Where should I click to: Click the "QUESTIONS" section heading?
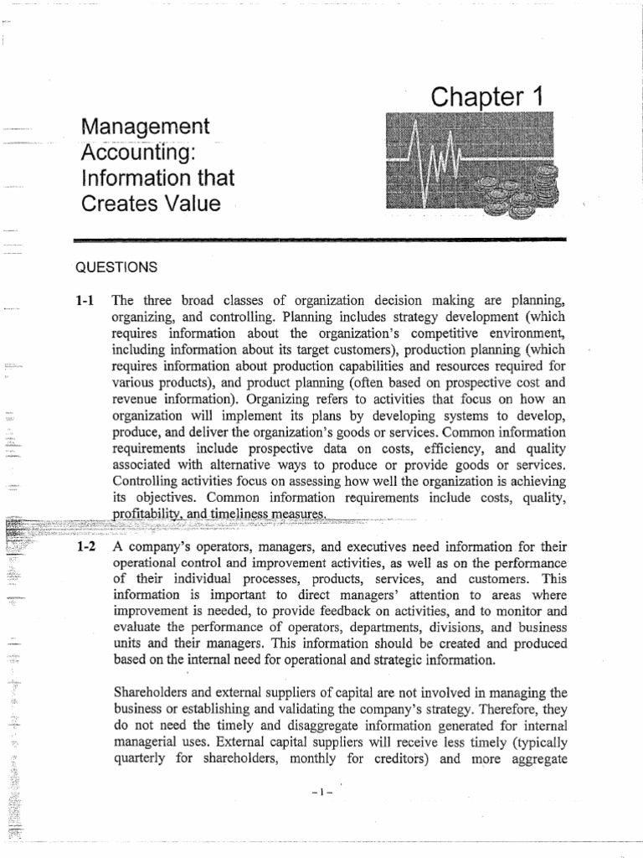[x=116, y=267]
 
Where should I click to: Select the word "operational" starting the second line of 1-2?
[x=144, y=562]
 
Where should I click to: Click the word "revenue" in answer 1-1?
[x=135, y=400]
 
